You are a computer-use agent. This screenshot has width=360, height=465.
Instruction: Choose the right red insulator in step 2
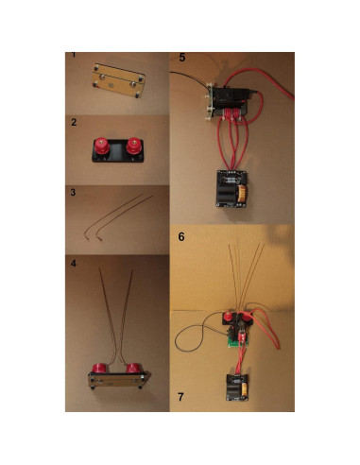tap(133, 146)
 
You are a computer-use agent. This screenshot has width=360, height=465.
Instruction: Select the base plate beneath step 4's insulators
tap(115, 380)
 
